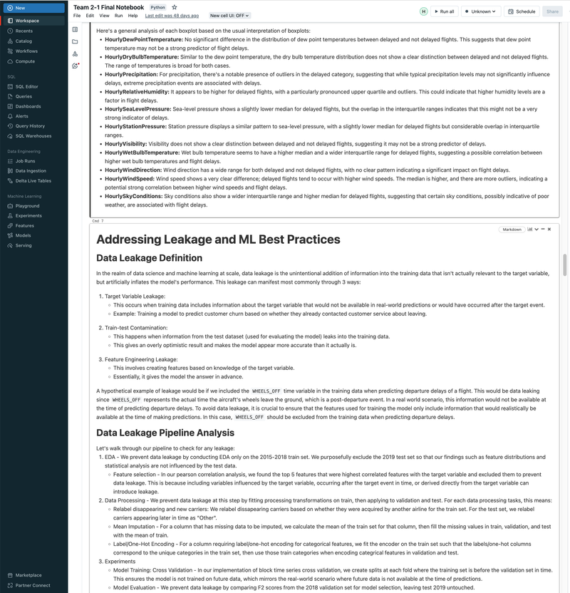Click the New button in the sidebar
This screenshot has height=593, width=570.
(20, 8)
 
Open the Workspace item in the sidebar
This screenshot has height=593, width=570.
(27, 21)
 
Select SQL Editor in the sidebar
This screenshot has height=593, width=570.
(27, 86)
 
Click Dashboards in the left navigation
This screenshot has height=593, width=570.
(28, 106)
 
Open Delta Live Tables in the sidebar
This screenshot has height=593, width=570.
(33, 180)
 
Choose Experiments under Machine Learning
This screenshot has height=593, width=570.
(28, 215)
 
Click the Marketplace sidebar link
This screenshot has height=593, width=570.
(28, 575)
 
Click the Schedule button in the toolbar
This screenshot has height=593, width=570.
(522, 11)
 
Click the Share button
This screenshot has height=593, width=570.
(551, 11)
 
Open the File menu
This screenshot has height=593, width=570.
(77, 15)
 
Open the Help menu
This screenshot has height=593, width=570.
(133, 15)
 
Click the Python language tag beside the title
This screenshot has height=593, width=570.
(158, 7)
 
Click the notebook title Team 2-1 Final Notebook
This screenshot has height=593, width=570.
(108, 7)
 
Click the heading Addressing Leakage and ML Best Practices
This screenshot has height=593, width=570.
(218, 239)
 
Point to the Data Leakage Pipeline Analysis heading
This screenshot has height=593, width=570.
(165, 432)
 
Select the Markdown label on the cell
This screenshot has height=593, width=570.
(512, 230)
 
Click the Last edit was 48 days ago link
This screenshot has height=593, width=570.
(172, 15)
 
